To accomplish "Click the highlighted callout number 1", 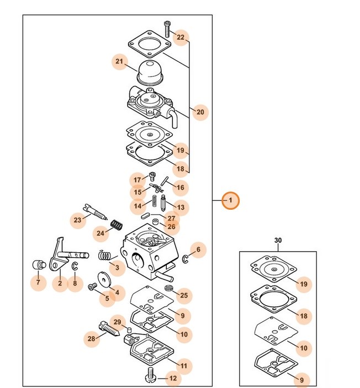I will point(230,200).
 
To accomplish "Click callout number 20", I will point(200,113).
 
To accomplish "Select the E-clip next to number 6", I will point(186,259).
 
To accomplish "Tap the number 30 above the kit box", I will point(278,241).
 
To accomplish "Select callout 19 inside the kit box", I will point(303,285).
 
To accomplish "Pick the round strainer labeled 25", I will point(169,289).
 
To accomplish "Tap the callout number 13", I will point(181,208).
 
